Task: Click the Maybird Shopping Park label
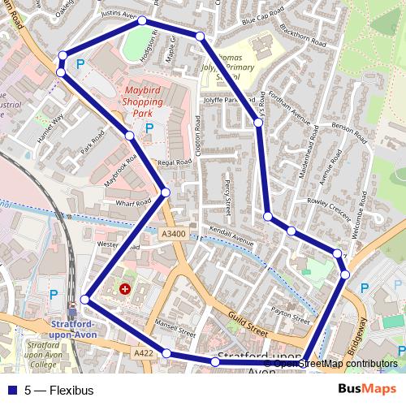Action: (x=143, y=102)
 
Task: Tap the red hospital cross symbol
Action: (x=125, y=288)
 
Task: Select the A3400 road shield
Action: (x=173, y=235)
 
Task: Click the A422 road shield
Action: (x=143, y=353)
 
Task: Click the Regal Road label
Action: (x=175, y=163)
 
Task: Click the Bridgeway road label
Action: (x=357, y=333)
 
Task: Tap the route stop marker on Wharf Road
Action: (x=166, y=192)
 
